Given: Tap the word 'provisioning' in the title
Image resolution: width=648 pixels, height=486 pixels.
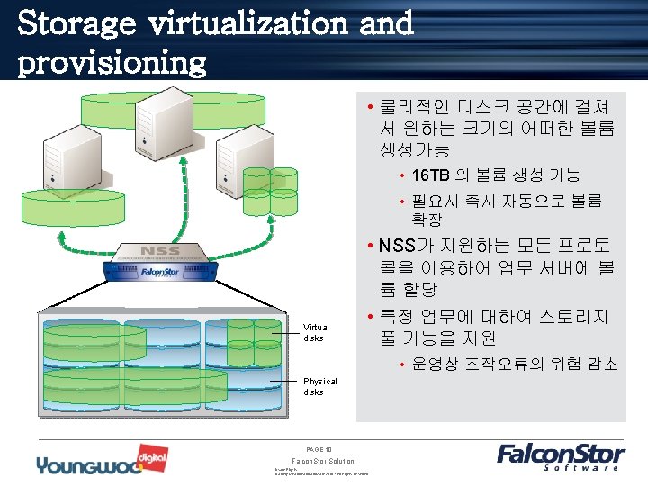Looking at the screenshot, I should point(112,62).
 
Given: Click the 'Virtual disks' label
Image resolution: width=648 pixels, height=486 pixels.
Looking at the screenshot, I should point(316,332).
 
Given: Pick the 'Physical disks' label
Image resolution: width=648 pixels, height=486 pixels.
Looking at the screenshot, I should point(319,386).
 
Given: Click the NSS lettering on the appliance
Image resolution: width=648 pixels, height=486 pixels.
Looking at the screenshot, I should point(161,250).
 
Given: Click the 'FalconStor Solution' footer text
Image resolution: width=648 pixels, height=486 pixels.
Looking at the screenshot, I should point(324,461).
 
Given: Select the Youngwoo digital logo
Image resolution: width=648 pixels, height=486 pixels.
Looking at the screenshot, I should point(88,463).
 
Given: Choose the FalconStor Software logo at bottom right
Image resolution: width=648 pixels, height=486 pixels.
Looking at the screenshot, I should point(558,456).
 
